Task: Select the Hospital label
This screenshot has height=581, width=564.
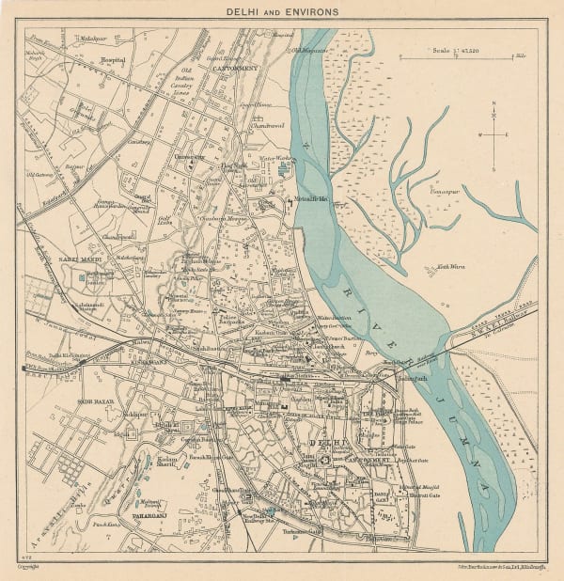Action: (114, 57)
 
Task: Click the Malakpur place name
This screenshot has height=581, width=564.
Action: (92, 38)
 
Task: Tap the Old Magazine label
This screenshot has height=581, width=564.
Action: (307, 50)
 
